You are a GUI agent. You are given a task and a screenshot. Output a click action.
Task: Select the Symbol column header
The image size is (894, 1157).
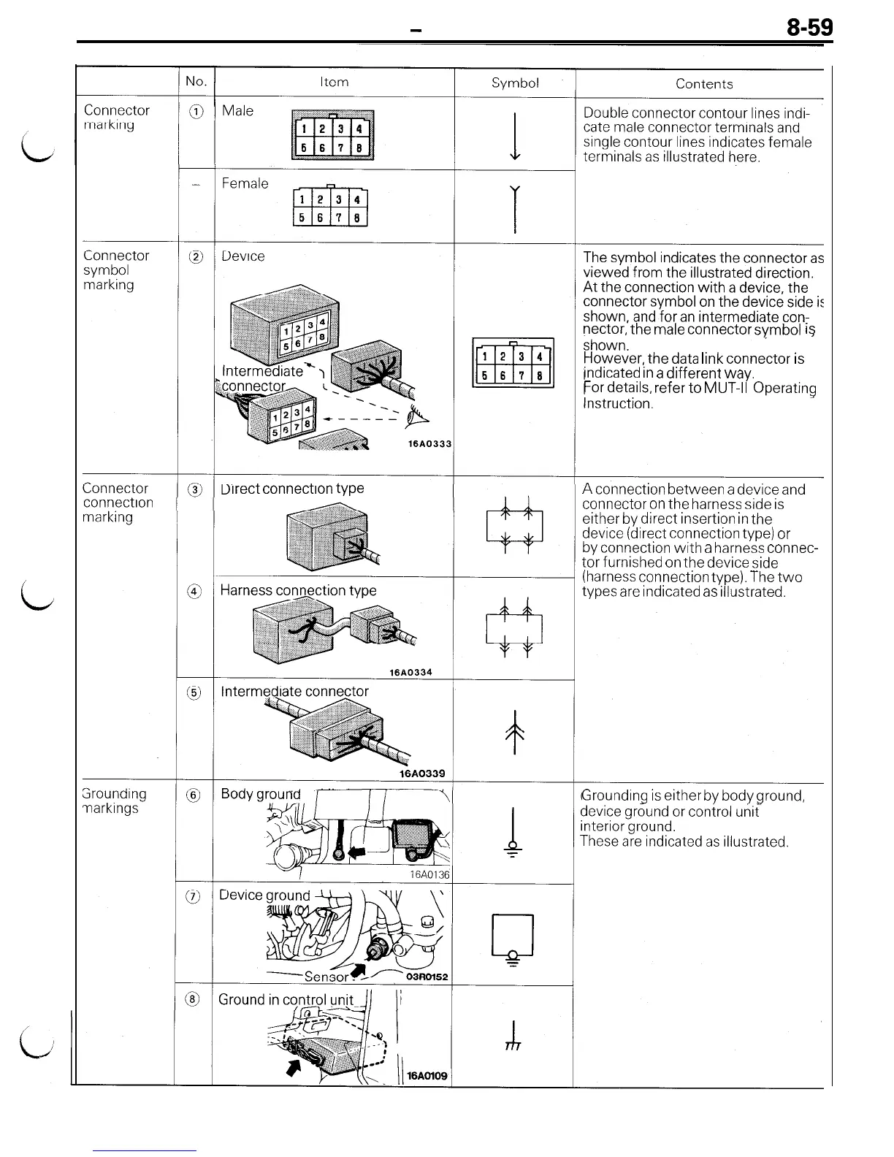pos(515,83)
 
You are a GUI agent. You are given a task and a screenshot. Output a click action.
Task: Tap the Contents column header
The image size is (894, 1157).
pos(703,84)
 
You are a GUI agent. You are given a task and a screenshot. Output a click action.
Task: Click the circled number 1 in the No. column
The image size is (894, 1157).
pos(195,111)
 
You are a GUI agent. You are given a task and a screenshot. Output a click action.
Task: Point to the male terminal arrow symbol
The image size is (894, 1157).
pos(516,136)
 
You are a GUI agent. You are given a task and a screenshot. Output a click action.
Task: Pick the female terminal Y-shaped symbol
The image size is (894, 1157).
pos(516,208)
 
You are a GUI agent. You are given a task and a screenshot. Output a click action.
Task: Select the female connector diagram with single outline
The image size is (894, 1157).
pos(330,207)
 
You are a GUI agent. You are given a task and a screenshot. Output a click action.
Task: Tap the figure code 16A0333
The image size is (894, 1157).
pos(429,444)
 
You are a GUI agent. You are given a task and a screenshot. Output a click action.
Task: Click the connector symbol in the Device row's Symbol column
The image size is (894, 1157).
pos(513,363)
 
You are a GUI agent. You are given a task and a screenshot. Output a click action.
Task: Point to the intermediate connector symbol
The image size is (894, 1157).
pos(516,732)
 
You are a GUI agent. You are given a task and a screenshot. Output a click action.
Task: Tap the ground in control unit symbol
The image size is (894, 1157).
pos(513,1036)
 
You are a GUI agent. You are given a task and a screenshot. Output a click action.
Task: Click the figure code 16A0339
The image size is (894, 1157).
pos(422,774)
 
